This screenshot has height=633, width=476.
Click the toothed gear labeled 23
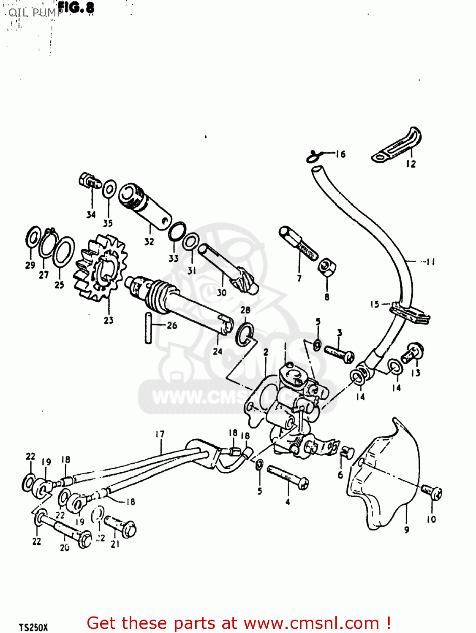[101, 269]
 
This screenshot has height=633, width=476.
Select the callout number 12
[411, 164]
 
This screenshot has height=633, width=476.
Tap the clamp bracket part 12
[397, 145]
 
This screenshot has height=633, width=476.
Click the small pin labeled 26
[148, 328]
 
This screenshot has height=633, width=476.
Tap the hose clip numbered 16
[313, 156]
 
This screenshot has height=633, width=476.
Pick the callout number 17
[160, 434]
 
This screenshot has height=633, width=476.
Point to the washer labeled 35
[109, 189]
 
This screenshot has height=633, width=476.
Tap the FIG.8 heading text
[76, 7]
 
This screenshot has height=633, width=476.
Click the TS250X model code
[33, 627]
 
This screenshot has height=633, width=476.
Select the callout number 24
[218, 351]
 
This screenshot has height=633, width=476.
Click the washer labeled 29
[33, 238]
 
